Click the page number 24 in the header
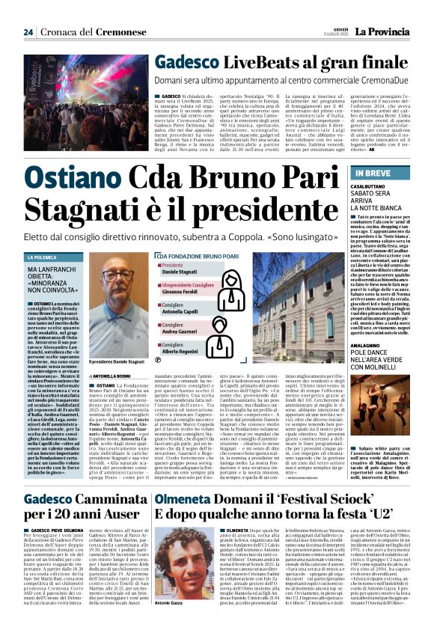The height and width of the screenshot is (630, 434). [28, 31]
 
